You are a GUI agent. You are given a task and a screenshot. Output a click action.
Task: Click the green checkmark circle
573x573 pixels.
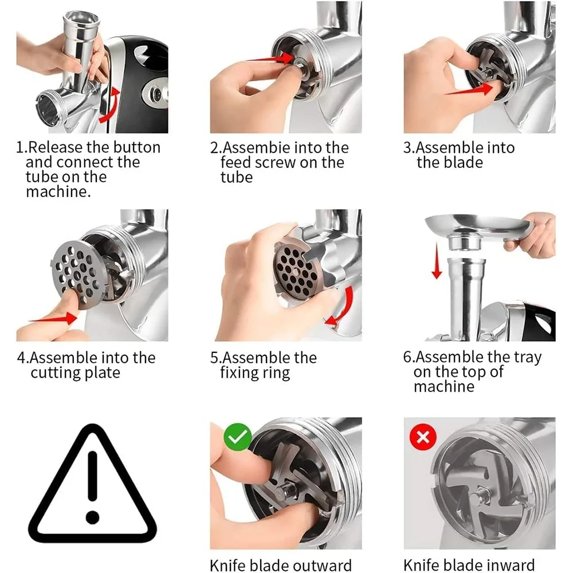[238, 437]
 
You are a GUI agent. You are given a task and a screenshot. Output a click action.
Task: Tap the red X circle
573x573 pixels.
[423, 437]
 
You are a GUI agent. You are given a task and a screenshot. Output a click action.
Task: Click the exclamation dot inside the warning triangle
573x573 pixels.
[92, 517]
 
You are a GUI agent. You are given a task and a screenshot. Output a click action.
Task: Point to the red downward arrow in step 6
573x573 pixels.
[437, 262]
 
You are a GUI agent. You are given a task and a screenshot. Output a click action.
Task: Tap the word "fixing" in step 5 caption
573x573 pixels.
[238, 373]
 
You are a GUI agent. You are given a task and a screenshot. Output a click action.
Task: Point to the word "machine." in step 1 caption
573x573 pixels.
[58, 192]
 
